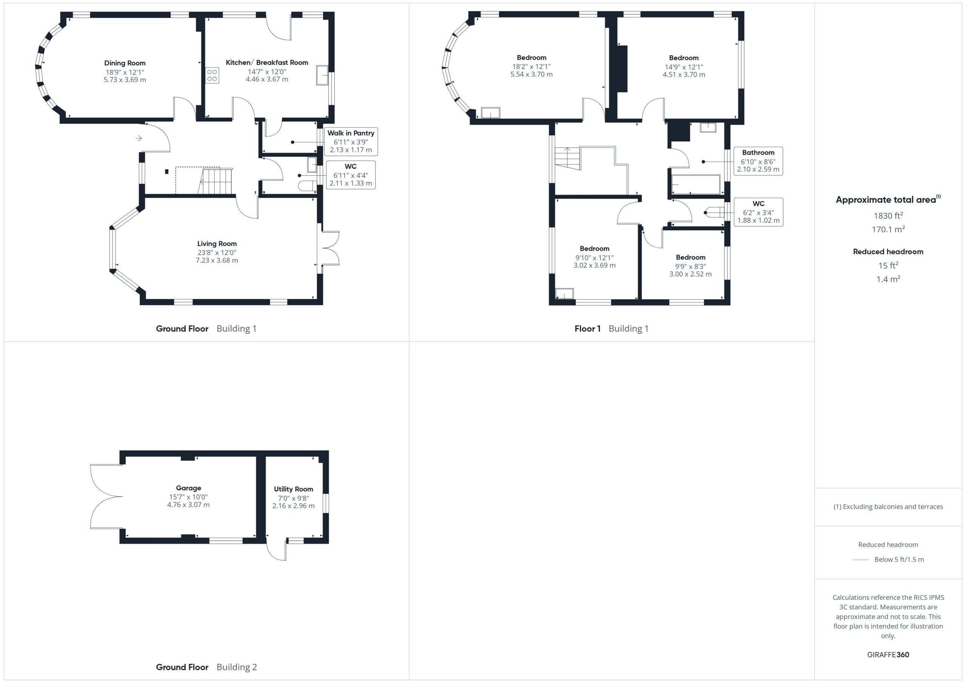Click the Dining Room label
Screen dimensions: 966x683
coord(125,63)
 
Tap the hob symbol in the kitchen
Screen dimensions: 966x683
coord(212,76)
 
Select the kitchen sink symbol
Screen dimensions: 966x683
coord(323,75)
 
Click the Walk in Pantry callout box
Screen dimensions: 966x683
coord(351,141)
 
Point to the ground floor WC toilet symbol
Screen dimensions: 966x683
coord(308,186)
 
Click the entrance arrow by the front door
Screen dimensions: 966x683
coord(139,138)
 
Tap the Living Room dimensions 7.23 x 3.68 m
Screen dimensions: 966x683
coord(217,260)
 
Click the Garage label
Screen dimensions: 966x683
coord(189,488)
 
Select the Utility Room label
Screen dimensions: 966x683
coord(294,489)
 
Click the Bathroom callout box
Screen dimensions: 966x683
coord(758,161)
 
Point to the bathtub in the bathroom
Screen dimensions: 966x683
coord(696,185)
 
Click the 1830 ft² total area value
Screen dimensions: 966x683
coord(888,215)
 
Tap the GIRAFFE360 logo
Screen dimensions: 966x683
coord(888,654)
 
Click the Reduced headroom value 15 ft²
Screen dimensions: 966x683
coord(888,265)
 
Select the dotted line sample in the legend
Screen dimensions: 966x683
coord(860,560)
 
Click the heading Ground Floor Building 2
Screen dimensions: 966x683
coord(206,667)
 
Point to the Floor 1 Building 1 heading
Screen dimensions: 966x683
coord(611,328)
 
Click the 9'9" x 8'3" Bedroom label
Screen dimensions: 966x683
coord(691,257)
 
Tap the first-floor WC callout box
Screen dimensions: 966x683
coord(758,212)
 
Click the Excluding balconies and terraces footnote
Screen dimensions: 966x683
coord(888,507)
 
